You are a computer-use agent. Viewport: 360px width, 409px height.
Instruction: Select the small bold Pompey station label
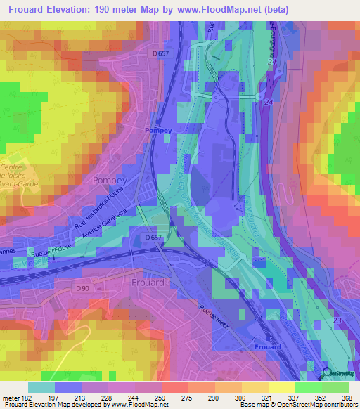tap(157, 131)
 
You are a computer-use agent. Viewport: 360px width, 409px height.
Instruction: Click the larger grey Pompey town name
tap(108, 181)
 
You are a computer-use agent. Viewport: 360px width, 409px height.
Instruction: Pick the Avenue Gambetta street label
tap(105, 227)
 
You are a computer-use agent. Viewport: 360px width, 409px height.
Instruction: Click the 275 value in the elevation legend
tap(187, 398)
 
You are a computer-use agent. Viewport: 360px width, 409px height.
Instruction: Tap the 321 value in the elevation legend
tap(266, 398)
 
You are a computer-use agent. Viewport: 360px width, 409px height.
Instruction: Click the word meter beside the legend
tap(10, 398)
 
